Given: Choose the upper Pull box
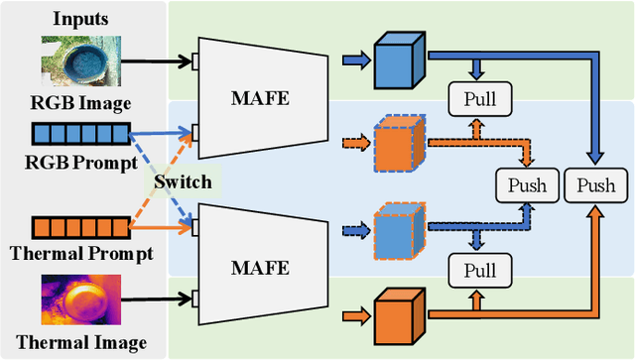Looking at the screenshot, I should tap(479, 98).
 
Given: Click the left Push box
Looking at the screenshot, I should tap(525, 184).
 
